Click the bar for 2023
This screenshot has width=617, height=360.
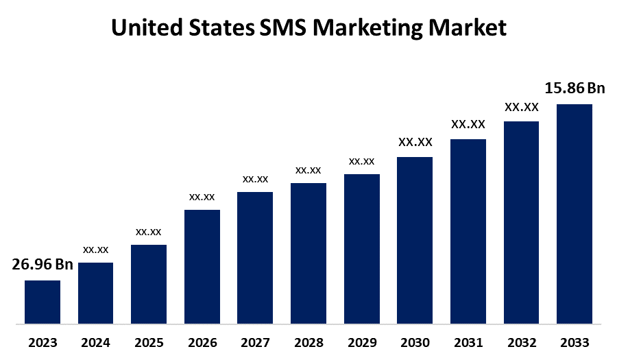[43, 302]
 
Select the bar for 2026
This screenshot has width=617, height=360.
[202, 266]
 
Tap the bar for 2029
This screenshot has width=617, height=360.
[362, 248]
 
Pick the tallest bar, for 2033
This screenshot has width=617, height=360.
[574, 213]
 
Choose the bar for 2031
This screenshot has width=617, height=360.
[468, 231]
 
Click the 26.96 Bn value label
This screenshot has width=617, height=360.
[43, 265]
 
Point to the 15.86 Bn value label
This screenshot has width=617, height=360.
[574, 88]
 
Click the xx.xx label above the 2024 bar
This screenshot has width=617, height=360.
[95, 250]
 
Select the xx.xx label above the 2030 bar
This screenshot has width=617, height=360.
[415, 143]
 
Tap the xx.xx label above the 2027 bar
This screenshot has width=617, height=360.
[255, 179]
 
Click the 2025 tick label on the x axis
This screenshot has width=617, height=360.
[149, 342]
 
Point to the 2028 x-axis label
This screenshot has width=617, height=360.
[308, 342]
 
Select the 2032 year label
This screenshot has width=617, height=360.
[522, 342]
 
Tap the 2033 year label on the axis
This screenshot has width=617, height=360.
[574, 342]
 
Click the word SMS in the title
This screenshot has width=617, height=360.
[284, 28]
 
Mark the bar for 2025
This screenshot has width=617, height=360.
[149, 284]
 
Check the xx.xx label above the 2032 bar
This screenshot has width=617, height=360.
[522, 107]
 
